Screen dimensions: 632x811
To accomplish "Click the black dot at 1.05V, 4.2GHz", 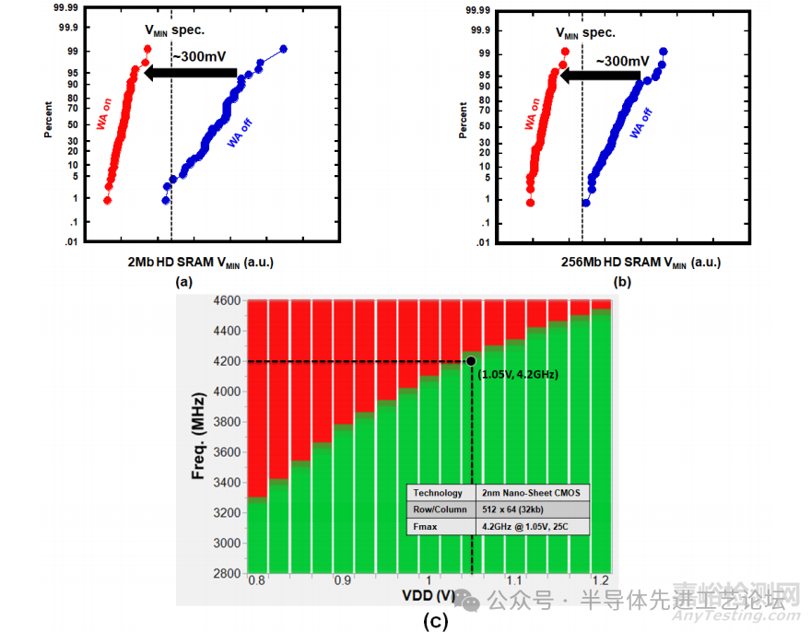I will pyautogui.click(x=471, y=361).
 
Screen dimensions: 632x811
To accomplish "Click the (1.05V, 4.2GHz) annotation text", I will pyautogui.click(x=519, y=374).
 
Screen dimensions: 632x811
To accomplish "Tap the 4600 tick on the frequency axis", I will pyautogui.click(x=226, y=300).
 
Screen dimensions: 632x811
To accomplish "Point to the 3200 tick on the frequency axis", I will pyautogui.click(x=226, y=513).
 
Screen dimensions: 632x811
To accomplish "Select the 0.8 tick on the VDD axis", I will pyautogui.click(x=256, y=582).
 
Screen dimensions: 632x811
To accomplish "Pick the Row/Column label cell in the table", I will pyautogui.click(x=439, y=509).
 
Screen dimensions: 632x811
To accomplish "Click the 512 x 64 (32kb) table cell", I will pyautogui.click(x=511, y=509).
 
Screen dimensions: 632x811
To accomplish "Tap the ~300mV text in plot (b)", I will pyautogui.click(x=622, y=61).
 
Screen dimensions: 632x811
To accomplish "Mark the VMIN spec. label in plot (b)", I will pyautogui.click(x=585, y=32).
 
